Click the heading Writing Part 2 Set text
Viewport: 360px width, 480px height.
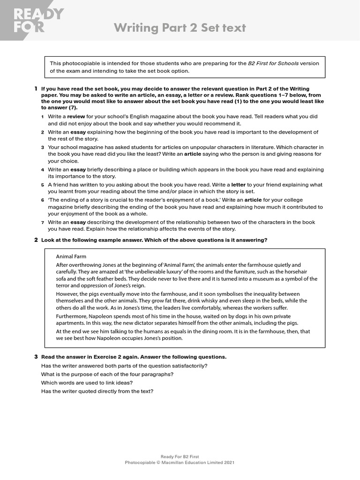pyautogui.click(x=180, y=28)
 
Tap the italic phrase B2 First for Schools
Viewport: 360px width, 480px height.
pyautogui.click(x=273, y=64)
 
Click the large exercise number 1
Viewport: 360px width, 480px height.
pyautogui.click(x=36, y=89)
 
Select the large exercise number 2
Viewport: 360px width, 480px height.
pyautogui.click(x=36, y=240)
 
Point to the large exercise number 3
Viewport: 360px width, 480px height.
pyautogui.click(x=36, y=357)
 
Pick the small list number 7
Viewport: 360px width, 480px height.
pyautogui.click(x=42, y=223)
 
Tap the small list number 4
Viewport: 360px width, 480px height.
pyautogui.click(x=42, y=170)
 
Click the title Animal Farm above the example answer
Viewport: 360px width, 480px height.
pyautogui.click(x=71, y=256)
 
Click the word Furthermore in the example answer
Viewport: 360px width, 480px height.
pyautogui.click(x=72, y=316)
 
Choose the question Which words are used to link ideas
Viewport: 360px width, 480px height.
pyautogui.click(x=95, y=382)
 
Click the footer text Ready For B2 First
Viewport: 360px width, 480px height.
pyautogui.click(x=180, y=456)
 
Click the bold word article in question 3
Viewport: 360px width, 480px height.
pyautogui.click(x=193, y=154)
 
